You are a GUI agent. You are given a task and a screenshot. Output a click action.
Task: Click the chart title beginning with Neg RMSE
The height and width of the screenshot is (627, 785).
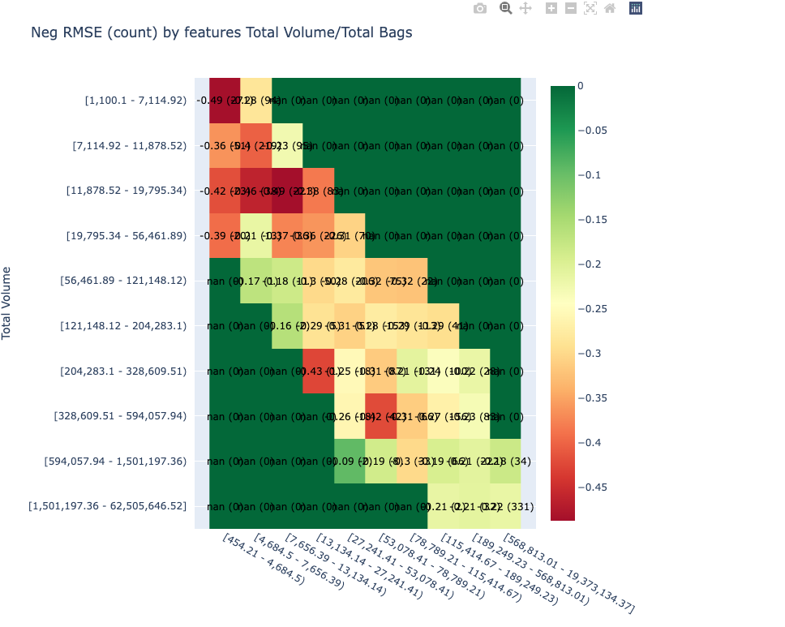coord(221,33)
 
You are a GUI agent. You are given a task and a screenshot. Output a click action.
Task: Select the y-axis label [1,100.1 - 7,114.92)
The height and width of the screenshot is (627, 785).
coord(135,101)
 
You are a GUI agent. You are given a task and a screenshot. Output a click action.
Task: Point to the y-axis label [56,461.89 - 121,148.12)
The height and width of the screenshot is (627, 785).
coord(123,281)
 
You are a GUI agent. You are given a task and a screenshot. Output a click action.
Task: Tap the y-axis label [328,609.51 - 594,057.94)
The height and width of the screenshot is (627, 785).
coord(120,416)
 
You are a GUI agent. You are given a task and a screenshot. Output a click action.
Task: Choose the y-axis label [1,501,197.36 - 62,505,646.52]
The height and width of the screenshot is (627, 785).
coord(108,506)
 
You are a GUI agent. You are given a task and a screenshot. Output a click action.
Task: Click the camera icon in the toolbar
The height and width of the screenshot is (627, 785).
coord(480,8)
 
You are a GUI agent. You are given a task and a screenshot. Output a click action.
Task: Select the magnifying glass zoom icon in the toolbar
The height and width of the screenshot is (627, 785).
coord(505,8)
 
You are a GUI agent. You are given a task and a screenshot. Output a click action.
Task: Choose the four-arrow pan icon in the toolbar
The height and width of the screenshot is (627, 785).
coord(525,8)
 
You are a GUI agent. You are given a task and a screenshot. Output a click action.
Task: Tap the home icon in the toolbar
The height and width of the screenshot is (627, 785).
coord(610,8)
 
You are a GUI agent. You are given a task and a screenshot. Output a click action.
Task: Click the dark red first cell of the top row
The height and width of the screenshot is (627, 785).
coord(225,101)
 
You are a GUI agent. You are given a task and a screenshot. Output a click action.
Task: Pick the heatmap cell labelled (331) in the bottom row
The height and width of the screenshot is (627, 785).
coord(504,506)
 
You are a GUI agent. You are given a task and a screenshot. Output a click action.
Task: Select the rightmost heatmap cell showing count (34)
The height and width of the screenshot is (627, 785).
coord(504,461)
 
